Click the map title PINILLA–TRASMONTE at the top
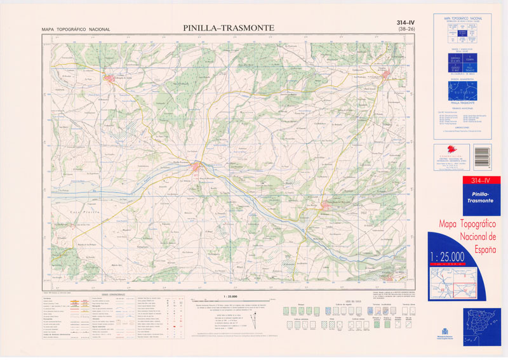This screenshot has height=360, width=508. pos(229,28)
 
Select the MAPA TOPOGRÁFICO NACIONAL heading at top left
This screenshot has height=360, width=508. pos(76,29)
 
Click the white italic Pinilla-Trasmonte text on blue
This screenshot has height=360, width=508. pos(479,196)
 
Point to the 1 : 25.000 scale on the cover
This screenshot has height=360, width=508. pos(447,257)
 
